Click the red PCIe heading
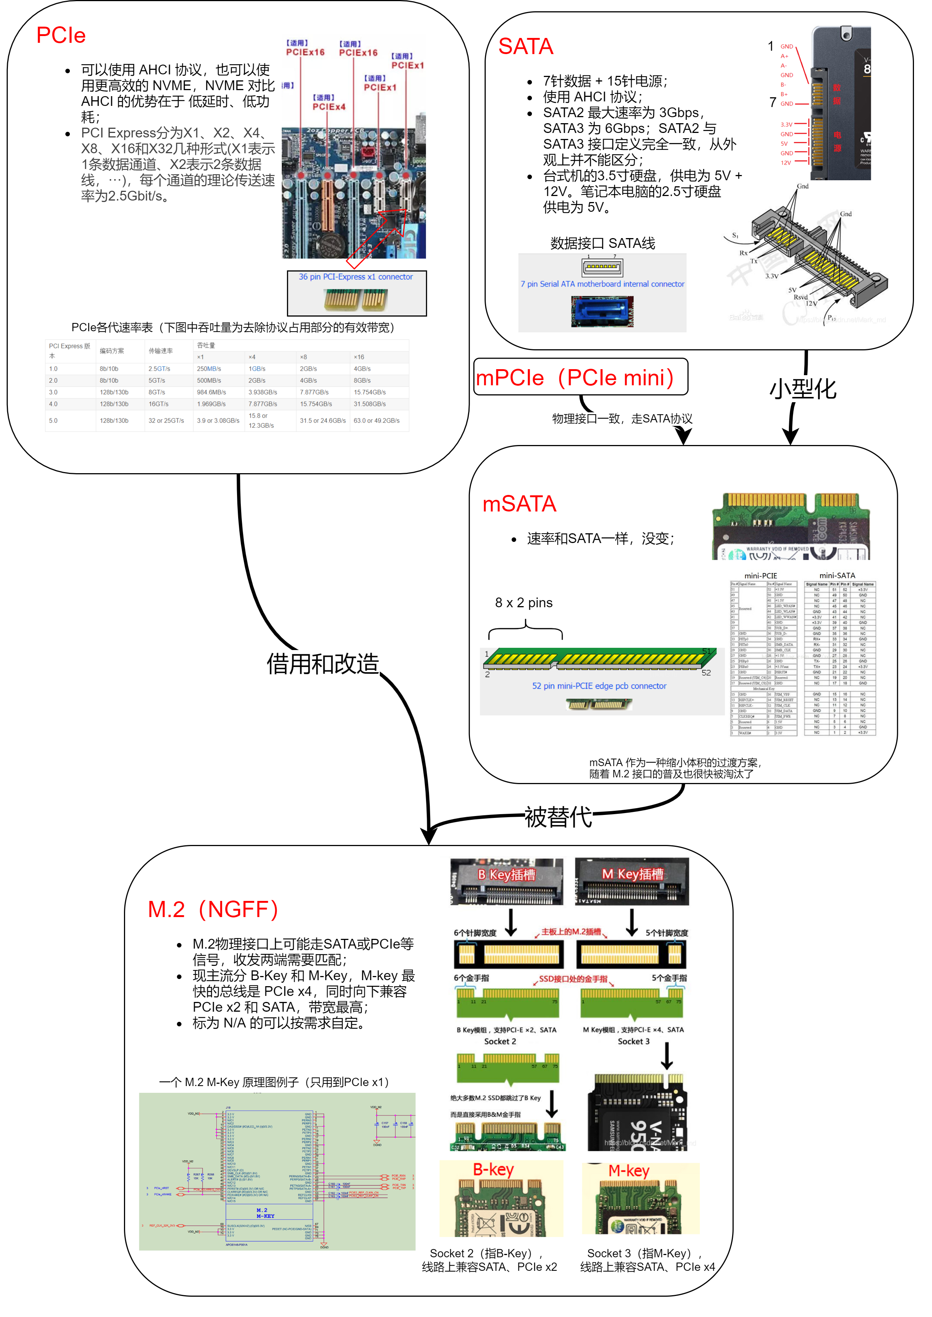click(x=61, y=36)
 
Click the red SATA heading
click(x=525, y=47)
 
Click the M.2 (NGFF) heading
click(x=213, y=909)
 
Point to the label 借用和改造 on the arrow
click(x=323, y=664)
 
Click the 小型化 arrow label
click(x=802, y=389)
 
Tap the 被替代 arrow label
click(x=558, y=817)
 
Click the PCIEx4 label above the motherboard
click(x=328, y=106)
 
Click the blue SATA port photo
click(x=602, y=311)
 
